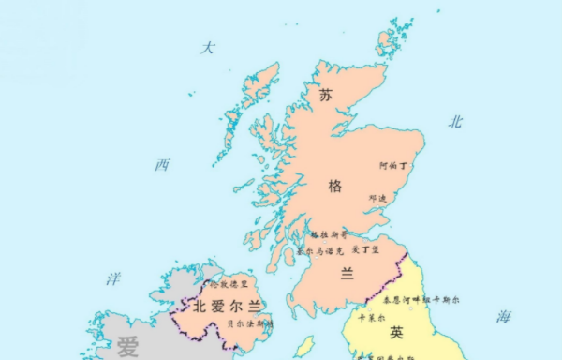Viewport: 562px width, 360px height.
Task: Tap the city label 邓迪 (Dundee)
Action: [378, 198]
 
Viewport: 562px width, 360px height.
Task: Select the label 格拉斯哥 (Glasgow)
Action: [328, 234]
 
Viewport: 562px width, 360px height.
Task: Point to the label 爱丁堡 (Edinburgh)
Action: [364, 250]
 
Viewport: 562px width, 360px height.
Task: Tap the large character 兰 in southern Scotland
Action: [348, 273]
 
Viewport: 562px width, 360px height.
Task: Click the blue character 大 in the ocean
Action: [209, 48]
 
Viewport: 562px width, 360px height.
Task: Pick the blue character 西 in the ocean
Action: [163, 165]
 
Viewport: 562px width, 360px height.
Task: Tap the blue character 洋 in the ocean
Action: [113, 278]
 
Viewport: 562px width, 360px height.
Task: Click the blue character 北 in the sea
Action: [456, 121]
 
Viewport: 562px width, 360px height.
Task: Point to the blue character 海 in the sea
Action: [504, 317]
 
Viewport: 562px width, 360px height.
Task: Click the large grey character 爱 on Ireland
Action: [127, 347]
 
